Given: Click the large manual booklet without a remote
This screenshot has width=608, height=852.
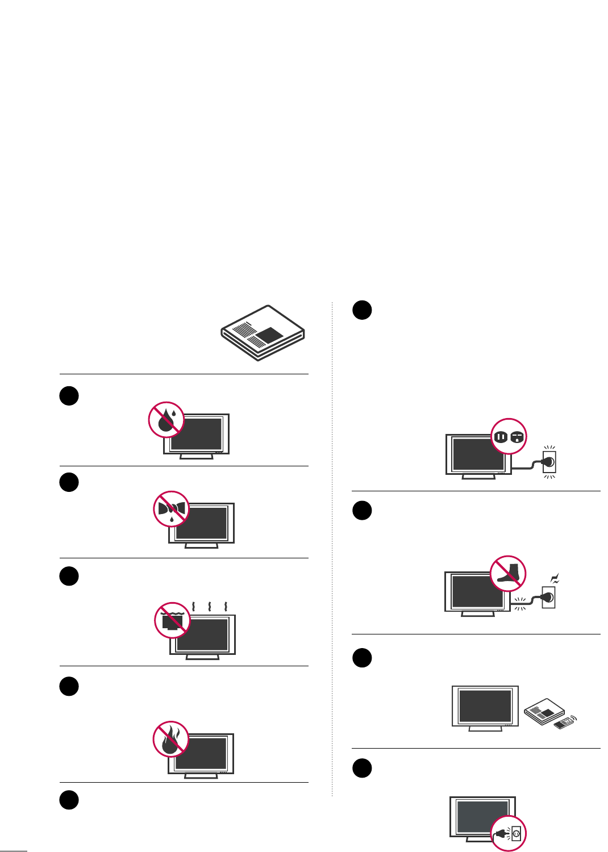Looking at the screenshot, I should (x=263, y=333).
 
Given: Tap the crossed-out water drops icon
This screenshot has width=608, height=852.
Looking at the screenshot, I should (x=166, y=420).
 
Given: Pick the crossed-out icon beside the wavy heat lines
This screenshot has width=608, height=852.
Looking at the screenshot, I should (x=172, y=620).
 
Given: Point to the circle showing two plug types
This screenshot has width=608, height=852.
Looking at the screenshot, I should (x=509, y=436).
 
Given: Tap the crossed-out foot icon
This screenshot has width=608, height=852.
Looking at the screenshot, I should (x=508, y=574).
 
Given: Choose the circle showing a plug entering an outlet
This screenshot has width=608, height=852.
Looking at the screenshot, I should (x=509, y=833).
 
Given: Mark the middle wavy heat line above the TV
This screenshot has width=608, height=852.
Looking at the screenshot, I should (x=210, y=606).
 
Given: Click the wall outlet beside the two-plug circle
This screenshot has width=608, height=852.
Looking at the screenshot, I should (x=549, y=462).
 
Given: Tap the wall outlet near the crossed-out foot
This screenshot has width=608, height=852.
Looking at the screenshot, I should (x=548, y=597).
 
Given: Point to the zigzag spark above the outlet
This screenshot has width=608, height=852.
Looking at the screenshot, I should (x=555, y=579).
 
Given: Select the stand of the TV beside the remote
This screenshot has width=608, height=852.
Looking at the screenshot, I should (x=485, y=728).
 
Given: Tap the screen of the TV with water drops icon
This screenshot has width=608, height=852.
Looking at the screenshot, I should (x=199, y=434).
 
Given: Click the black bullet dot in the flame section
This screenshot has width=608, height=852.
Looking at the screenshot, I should (x=69, y=686).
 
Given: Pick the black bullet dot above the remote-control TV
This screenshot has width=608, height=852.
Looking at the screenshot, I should (x=362, y=658).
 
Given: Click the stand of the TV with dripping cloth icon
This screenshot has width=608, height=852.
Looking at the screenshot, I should (x=202, y=546).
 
